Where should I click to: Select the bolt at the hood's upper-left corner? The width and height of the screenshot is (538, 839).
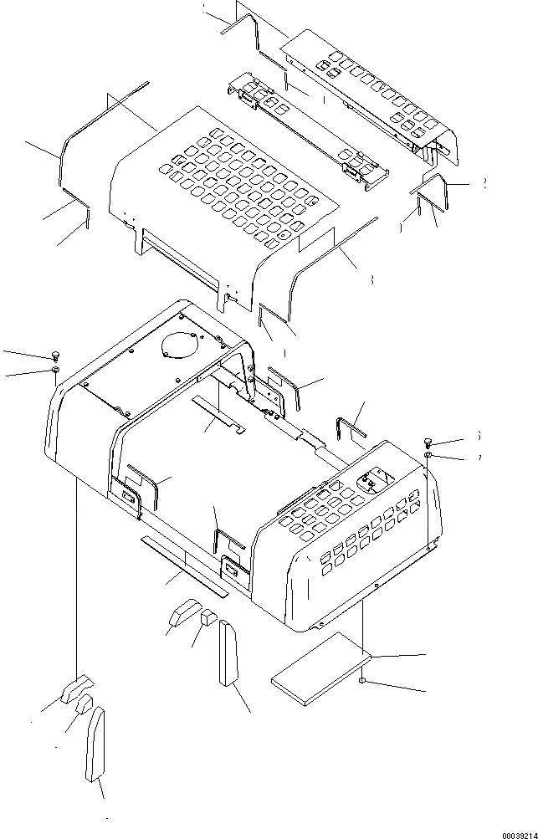(55, 356)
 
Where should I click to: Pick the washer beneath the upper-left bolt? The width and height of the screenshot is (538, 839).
(55, 369)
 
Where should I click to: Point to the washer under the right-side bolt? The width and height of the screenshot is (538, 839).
(428, 454)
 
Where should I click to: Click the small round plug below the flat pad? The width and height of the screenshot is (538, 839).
(364, 683)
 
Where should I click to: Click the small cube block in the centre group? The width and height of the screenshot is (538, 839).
(208, 617)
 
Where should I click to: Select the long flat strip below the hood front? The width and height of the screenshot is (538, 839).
(182, 565)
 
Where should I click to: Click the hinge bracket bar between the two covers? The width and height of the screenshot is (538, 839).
(310, 125)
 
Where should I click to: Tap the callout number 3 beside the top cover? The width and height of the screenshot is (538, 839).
(371, 281)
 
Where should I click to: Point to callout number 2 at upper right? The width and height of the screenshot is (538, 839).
(484, 185)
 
